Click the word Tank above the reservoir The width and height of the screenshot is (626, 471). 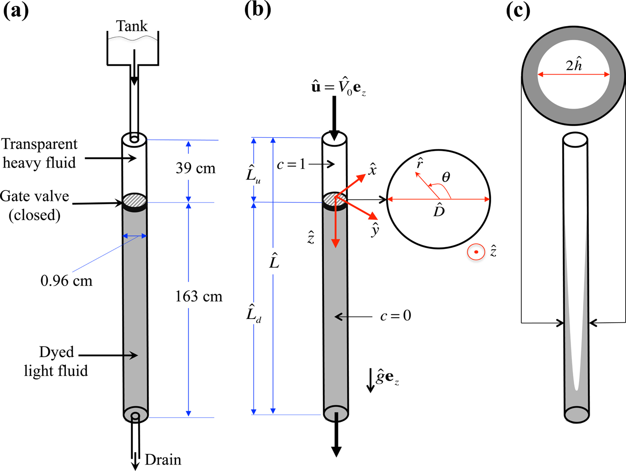tap(131, 26)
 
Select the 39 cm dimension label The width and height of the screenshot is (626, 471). tap(195, 168)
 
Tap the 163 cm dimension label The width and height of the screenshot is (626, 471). tap(199, 296)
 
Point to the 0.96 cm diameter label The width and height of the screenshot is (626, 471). tap(66, 281)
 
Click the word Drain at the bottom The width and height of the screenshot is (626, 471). tap(163, 460)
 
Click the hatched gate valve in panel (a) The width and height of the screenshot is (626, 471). tap(135, 202)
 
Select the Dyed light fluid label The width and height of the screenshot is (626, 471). tap(56, 362)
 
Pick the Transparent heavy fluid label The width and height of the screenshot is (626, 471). tap(39, 153)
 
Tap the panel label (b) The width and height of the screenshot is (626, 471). tap(258, 10)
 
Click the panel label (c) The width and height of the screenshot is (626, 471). tap(518, 10)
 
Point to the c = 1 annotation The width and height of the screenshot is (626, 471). tap(291, 164)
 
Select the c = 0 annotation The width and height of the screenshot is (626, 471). tap(395, 316)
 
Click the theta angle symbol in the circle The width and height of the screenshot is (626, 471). tap(446, 178)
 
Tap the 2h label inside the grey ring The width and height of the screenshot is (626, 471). tap(574, 65)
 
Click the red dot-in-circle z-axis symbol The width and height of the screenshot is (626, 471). tap(476, 252)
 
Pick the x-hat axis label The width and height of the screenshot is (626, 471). tap(372, 169)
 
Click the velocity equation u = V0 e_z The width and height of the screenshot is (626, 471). tap(338, 86)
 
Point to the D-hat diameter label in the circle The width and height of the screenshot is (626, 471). tap(439, 210)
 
